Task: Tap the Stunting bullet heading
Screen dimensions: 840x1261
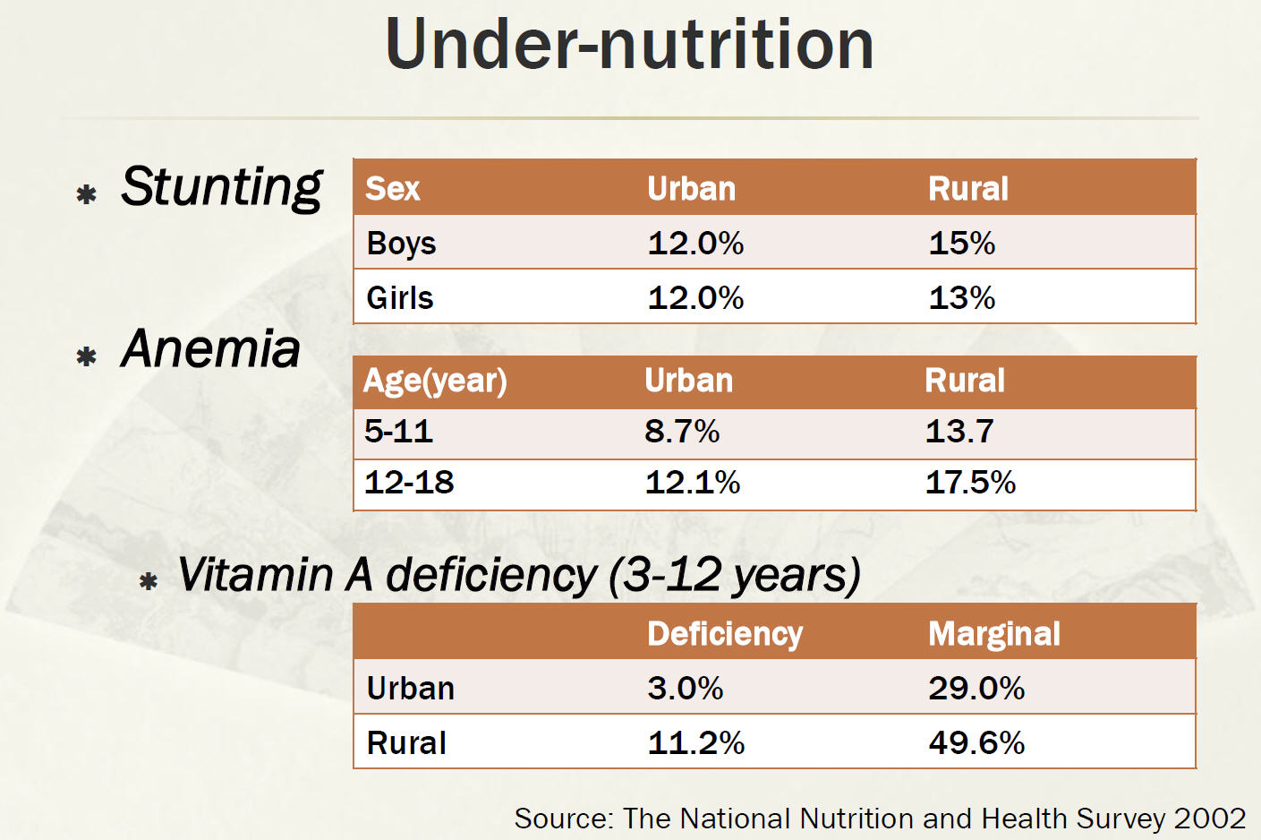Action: [x=221, y=187]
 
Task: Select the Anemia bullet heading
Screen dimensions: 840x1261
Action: [x=211, y=348]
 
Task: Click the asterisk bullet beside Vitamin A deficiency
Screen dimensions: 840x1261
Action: [x=149, y=582]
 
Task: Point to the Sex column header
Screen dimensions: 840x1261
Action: [x=392, y=189]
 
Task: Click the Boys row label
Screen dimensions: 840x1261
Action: [x=401, y=244]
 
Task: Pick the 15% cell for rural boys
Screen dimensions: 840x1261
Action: [x=961, y=244]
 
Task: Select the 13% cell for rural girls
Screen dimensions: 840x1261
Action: [x=961, y=298]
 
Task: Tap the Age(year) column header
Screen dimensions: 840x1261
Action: [x=435, y=381]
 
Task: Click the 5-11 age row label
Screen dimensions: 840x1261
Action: [x=398, y=432]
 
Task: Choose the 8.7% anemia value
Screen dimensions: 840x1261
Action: [x=682, y=432]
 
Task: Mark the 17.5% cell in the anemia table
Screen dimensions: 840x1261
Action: [x=970, y=483]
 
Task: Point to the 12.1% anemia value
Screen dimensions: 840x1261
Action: [x=692, y=483]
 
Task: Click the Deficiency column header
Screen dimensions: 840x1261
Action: [x=725, y=634]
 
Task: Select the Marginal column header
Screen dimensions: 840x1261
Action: [x=993, y=634]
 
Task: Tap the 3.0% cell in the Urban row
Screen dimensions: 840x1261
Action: [x=685, y=689]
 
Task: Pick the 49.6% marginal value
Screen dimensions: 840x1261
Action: [x=976, y=743]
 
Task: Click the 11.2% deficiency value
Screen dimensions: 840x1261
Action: [x=695, y=743]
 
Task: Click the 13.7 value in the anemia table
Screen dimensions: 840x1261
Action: [x=959, y=432]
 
